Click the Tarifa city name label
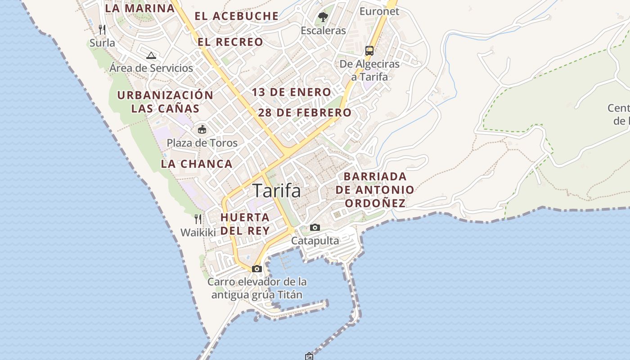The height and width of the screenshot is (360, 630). (x=276, y=191)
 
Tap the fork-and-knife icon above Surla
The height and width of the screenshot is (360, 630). (x=102, y=30)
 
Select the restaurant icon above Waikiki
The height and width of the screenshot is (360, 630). (x=198, y=219)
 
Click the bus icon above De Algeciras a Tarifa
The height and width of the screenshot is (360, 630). (x=369, y=50)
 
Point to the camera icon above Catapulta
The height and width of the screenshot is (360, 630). (x=315, y=227)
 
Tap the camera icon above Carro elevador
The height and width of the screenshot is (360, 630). (x=257, y=269)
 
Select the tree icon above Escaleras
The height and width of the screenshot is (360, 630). (x=323, y=18)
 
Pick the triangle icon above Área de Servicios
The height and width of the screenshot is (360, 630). (x=151, y=55)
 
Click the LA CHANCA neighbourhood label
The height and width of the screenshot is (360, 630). (x=197, y=164)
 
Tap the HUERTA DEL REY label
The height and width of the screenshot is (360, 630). (x=245, y=224)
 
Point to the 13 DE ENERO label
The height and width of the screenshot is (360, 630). (x=291, y=93)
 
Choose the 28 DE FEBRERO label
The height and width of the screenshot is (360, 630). (x=305, y=112)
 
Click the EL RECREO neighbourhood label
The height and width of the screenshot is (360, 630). (x=230, y=42)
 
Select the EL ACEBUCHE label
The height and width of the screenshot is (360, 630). (x=237, y=16)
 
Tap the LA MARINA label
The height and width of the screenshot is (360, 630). (x=139, y=8)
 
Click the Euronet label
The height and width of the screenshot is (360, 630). (x=379, y=11)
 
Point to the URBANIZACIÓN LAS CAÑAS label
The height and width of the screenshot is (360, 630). (x=165, y=102)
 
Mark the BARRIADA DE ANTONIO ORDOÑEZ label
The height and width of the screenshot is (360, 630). (x=375, y=189)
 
